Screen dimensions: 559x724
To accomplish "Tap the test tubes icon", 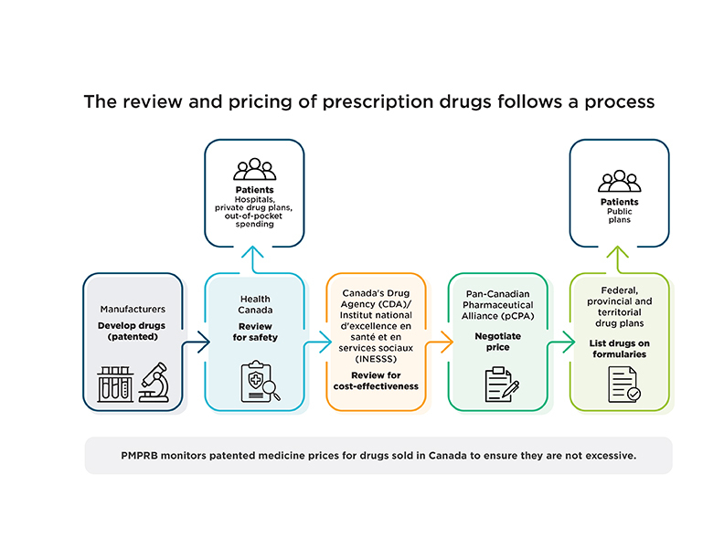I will (116, 384).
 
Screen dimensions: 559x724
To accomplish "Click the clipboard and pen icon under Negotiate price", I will (498, 385).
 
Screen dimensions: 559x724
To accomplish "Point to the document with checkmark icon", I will (623, 385).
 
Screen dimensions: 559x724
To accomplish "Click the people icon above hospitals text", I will (254, 170).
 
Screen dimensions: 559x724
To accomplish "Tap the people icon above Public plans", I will (620, 180).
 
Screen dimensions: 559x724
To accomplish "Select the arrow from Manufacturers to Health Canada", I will (197, 344).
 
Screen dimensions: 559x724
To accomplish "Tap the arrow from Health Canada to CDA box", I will (319, 344).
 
